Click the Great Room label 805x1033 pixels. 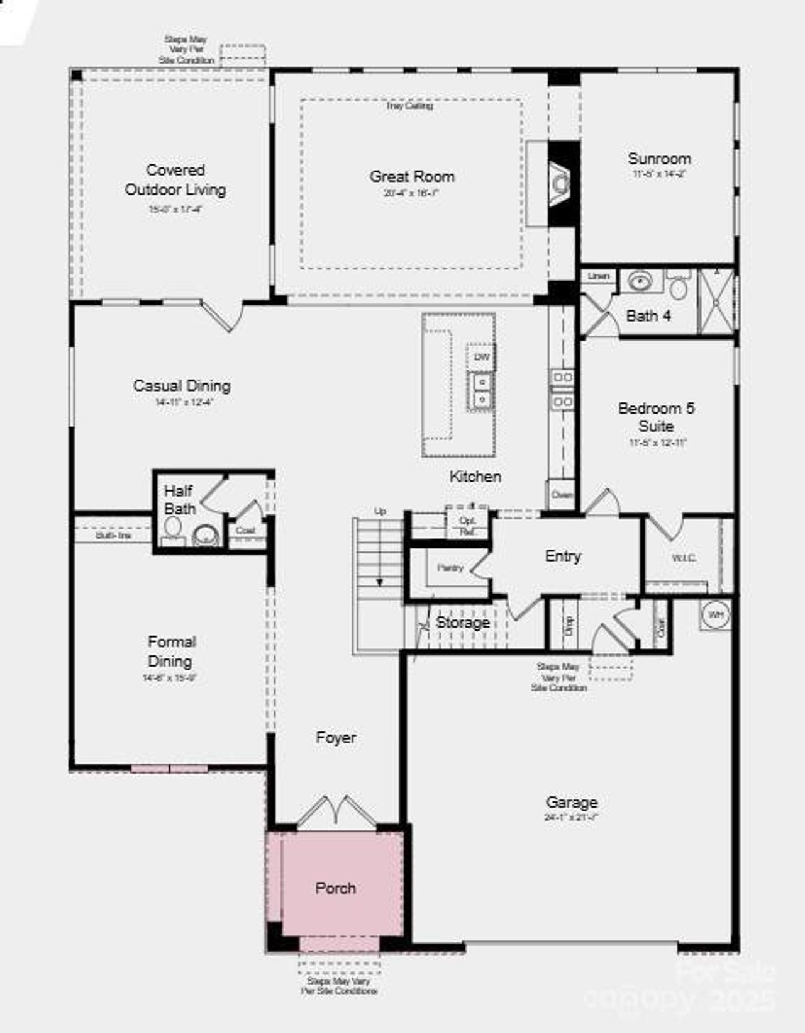(412, 177)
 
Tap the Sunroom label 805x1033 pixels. (659, 159)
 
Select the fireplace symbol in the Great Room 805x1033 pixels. (559, 183)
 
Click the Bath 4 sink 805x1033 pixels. (640, 281)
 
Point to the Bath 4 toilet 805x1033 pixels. (678, 287)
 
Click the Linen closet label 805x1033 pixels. (599, 276)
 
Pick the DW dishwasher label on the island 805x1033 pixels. (482, 357)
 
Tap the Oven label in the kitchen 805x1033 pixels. (562, 495)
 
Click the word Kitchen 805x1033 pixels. (475, 477)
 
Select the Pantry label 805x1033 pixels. (450, 568)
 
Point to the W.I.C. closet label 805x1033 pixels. (684, 558)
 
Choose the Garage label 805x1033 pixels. (572, 802)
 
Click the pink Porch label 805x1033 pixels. (335, 888)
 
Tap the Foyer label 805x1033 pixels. (336, 738)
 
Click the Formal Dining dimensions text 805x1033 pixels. (170, 678)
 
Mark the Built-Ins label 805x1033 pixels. (114, 535)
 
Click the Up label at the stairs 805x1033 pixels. (380, 511)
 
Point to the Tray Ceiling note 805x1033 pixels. (409, 106)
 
